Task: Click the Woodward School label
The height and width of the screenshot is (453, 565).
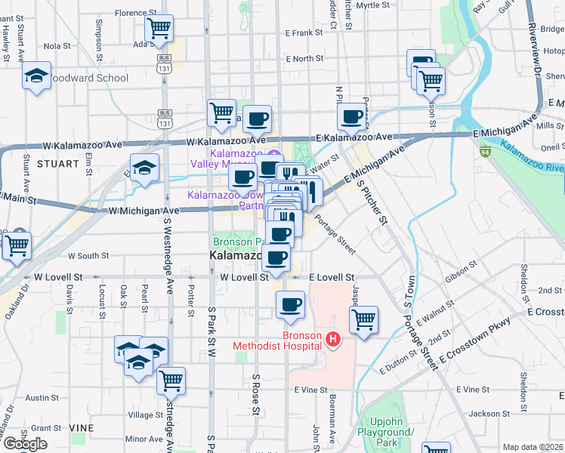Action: pos(91,78)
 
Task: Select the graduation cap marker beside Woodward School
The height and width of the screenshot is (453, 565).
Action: pos(36,76)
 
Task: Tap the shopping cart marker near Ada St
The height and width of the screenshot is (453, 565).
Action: pos(159,29)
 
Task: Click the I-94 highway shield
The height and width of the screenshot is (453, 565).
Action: pos(484,151)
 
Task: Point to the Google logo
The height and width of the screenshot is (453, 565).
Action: pos(25,444)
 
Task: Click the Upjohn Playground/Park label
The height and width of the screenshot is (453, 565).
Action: pos(393,432)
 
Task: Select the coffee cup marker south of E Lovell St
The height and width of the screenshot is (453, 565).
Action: pos(290,306)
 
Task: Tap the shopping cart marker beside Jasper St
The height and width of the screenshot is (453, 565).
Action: pos(364,320)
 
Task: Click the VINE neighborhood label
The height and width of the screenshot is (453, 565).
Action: pos(82,427)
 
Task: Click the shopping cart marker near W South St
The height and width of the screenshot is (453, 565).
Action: pos(16,245)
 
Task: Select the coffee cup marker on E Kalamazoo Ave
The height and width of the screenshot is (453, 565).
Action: pos(351,117)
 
